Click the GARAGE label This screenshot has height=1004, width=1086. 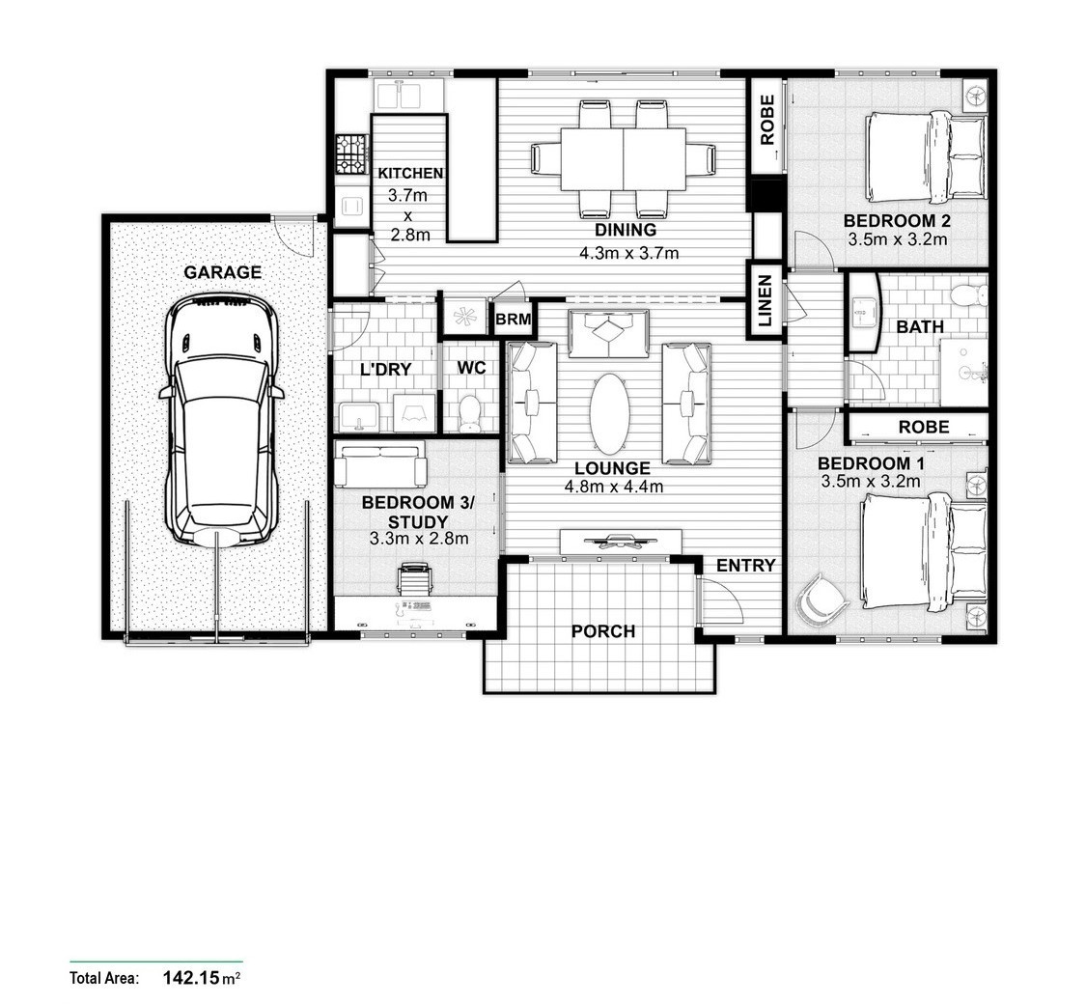pyautogui.click(x=222, y=272)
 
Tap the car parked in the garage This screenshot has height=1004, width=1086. pyautogui.click(x=222, y=420)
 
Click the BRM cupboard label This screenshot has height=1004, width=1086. pyautogui.click(x=514, y=320)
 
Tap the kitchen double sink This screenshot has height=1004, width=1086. pyautogui.click(x=401, y=95)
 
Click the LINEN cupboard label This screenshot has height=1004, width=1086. pyautogui.click(x=765, y=300)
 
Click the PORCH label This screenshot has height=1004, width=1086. pyautogui.click(x=603, y=631)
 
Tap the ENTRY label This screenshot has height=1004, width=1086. pyautogui.click(x=745, y=566)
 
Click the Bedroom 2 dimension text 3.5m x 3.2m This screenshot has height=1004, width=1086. pyautogui.click(x=897, y=240)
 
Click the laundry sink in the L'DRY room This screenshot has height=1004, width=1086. pyautogui.click(x=358, y=417)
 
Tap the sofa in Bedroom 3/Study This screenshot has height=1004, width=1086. pyautogui.click(x=380, y=464)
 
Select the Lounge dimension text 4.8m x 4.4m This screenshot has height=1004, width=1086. pyautogui.click(x=614, y=487)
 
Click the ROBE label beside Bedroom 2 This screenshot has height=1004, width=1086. pyautogui.click(x=766, y=120)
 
